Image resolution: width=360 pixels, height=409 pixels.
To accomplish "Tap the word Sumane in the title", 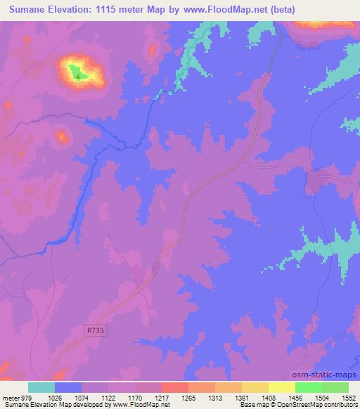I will [27, 10].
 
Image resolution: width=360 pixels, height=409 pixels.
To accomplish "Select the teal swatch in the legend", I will [41, 387].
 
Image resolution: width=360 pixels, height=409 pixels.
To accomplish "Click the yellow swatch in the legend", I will [282, 387].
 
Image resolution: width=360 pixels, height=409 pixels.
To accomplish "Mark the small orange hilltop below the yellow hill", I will [62, 136].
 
